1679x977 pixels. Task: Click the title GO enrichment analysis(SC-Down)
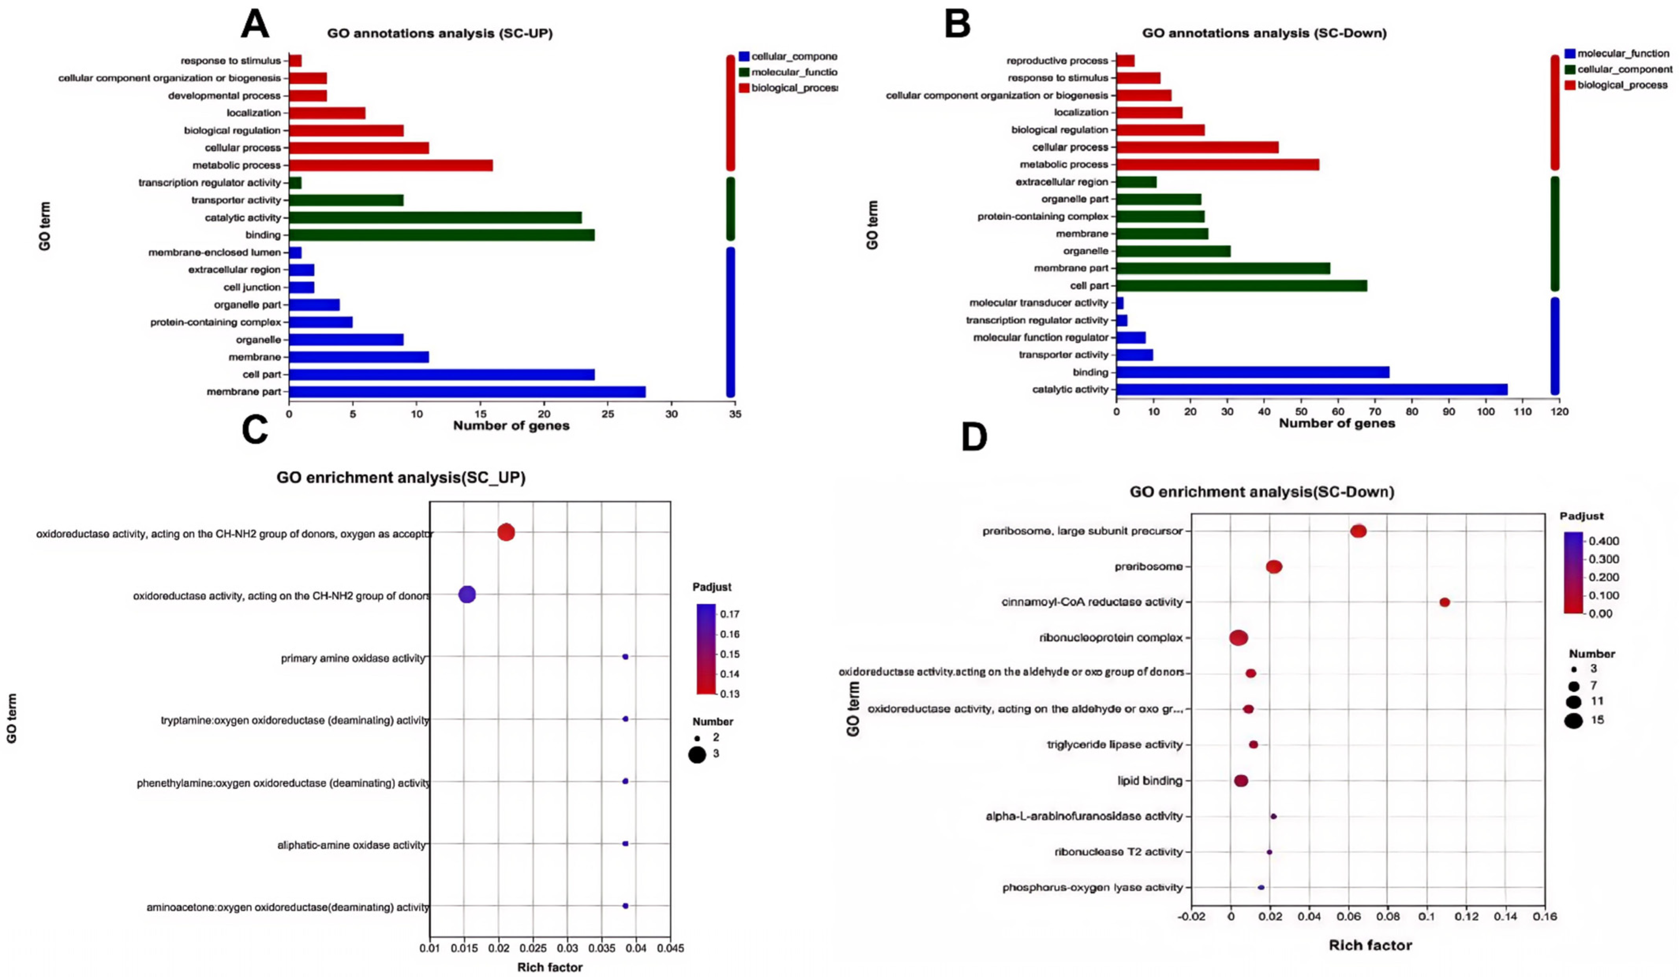coord(1261,492)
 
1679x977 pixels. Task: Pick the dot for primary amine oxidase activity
coord(625,657)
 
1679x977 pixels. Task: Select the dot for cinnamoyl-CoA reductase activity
coord(1445,602)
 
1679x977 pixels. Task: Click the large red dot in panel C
coord(506,532)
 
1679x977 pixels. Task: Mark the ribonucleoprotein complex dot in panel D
coord(1239,638)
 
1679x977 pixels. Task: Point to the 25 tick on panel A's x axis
coord(608,414)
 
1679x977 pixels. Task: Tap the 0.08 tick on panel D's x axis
coord(1388,916)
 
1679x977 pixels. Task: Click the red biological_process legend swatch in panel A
coord(744,88)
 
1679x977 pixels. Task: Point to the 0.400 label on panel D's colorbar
coord(1604,541)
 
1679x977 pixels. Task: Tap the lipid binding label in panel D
coord(1149,781)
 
